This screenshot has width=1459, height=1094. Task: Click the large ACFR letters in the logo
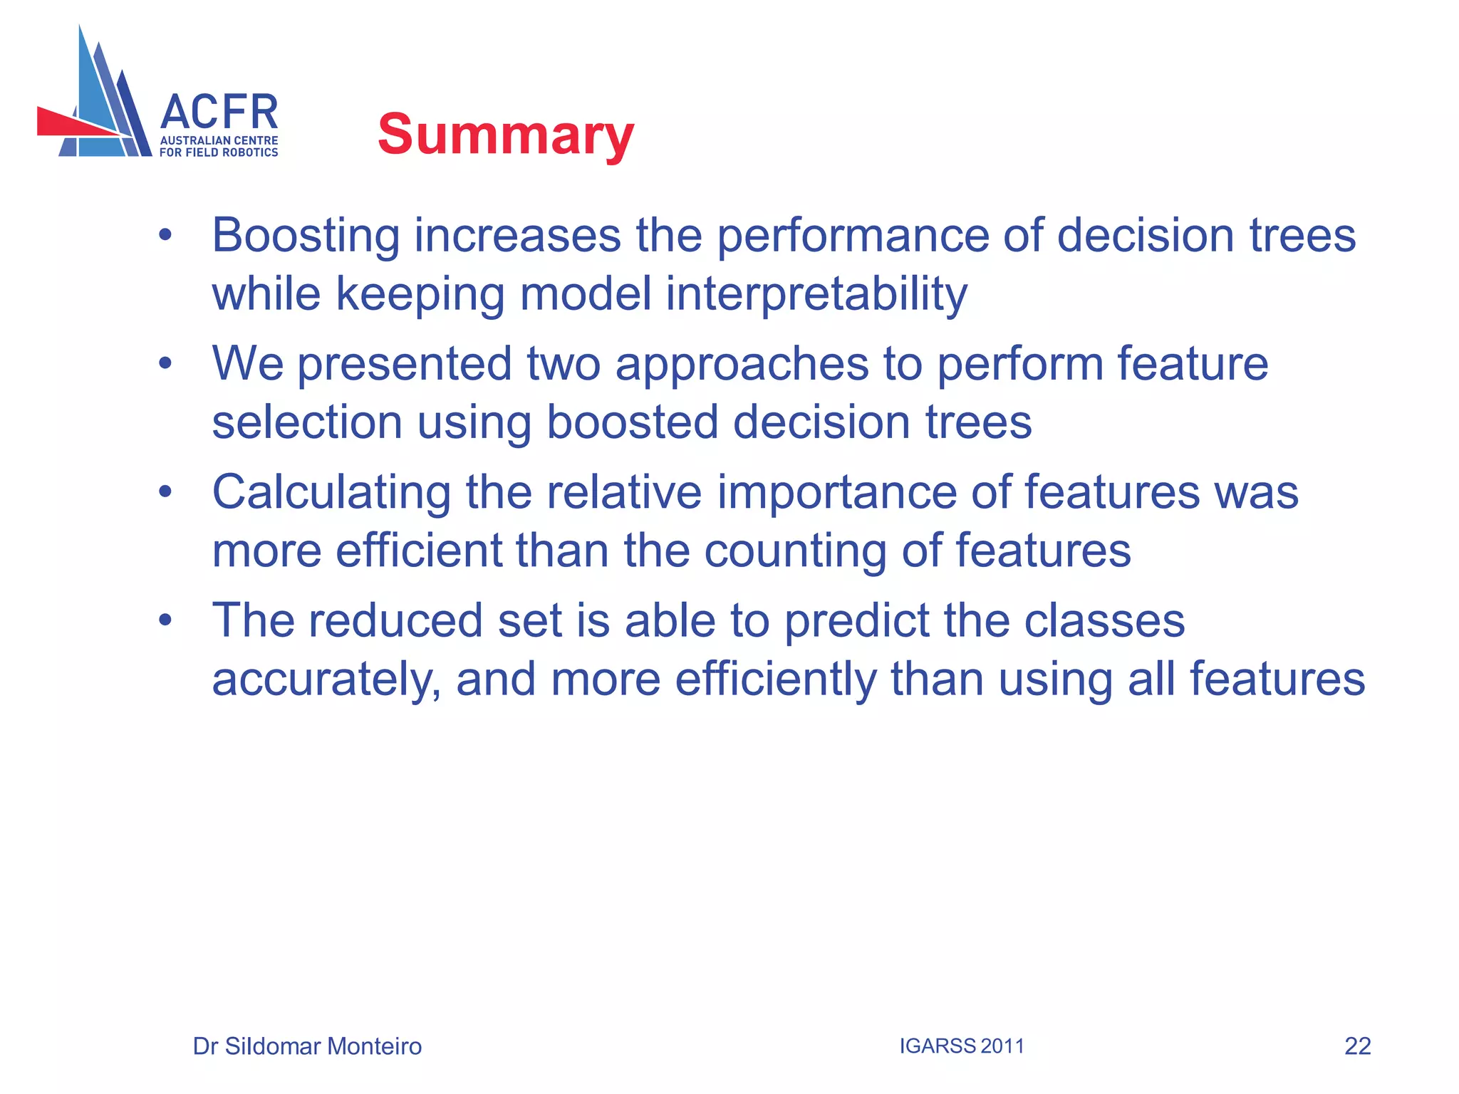click(x=219, y=113)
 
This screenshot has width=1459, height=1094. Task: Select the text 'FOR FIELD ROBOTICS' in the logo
click(x=219, y=152)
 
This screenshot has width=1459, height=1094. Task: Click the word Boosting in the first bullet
click(x=306, y=236)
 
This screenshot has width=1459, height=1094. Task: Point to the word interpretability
click(x=816, y=294)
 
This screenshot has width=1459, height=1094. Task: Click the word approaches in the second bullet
click(x=742, y=364)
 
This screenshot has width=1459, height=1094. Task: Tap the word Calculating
click(x=331, y=492)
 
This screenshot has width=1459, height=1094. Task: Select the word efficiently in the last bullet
click(x=776, y=679)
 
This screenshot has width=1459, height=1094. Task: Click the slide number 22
click(x=1357, y=1046)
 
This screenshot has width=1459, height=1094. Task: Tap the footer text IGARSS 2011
click(x=962, y=1046)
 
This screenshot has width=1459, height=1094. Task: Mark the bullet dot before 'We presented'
click(x=165, y=364)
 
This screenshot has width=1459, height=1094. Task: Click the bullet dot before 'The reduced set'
click(x=165, y=620)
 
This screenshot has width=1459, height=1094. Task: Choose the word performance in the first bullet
click(x=852, y=236)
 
